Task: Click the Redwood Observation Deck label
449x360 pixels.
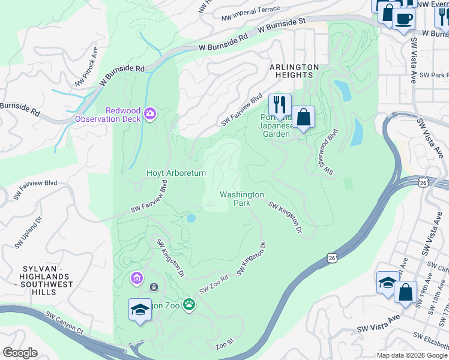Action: click(107, 115)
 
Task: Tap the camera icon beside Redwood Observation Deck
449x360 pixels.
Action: click(149, 113)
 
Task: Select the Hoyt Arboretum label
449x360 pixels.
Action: click(176, 173)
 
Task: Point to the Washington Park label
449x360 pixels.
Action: click(241, 199)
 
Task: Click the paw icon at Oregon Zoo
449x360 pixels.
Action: click(189, 304)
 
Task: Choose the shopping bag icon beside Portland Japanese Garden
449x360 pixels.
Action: click(304, 116)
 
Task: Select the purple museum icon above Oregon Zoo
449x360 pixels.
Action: click(137, 278)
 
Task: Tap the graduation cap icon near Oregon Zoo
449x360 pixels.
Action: click(140, 310)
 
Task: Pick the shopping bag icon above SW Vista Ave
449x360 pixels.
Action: click(406, 292)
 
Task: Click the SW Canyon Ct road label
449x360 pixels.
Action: click(59, 323)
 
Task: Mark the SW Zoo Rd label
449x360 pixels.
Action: click(214, 284)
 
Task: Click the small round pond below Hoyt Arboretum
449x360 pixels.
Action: click(191, 218)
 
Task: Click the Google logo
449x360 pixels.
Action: click(20, 353)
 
